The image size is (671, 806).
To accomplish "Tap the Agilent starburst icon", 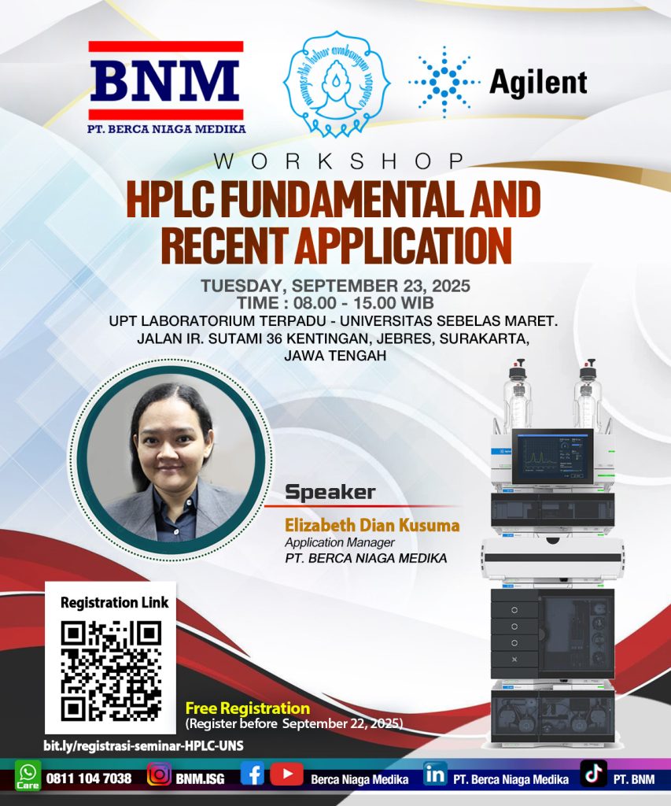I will pos(444,82).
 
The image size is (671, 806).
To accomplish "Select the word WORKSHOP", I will pos(337,161).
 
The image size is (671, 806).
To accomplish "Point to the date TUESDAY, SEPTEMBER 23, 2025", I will pos(335,286).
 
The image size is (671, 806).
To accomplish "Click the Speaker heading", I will pos(330,494).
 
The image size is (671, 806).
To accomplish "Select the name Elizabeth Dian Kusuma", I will pos(372,525).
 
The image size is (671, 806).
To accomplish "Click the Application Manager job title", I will pos(339,542).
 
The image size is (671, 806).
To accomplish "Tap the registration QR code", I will pos(111,671).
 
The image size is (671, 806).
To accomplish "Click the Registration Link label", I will pos(115,603).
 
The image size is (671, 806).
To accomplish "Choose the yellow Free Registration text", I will pos(247,708).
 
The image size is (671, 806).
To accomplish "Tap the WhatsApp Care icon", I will pos(28,776).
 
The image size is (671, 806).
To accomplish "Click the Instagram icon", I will pos(160,775).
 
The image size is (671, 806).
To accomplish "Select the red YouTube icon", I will pos(286,775).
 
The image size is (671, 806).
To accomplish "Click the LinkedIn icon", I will pos(435,775).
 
